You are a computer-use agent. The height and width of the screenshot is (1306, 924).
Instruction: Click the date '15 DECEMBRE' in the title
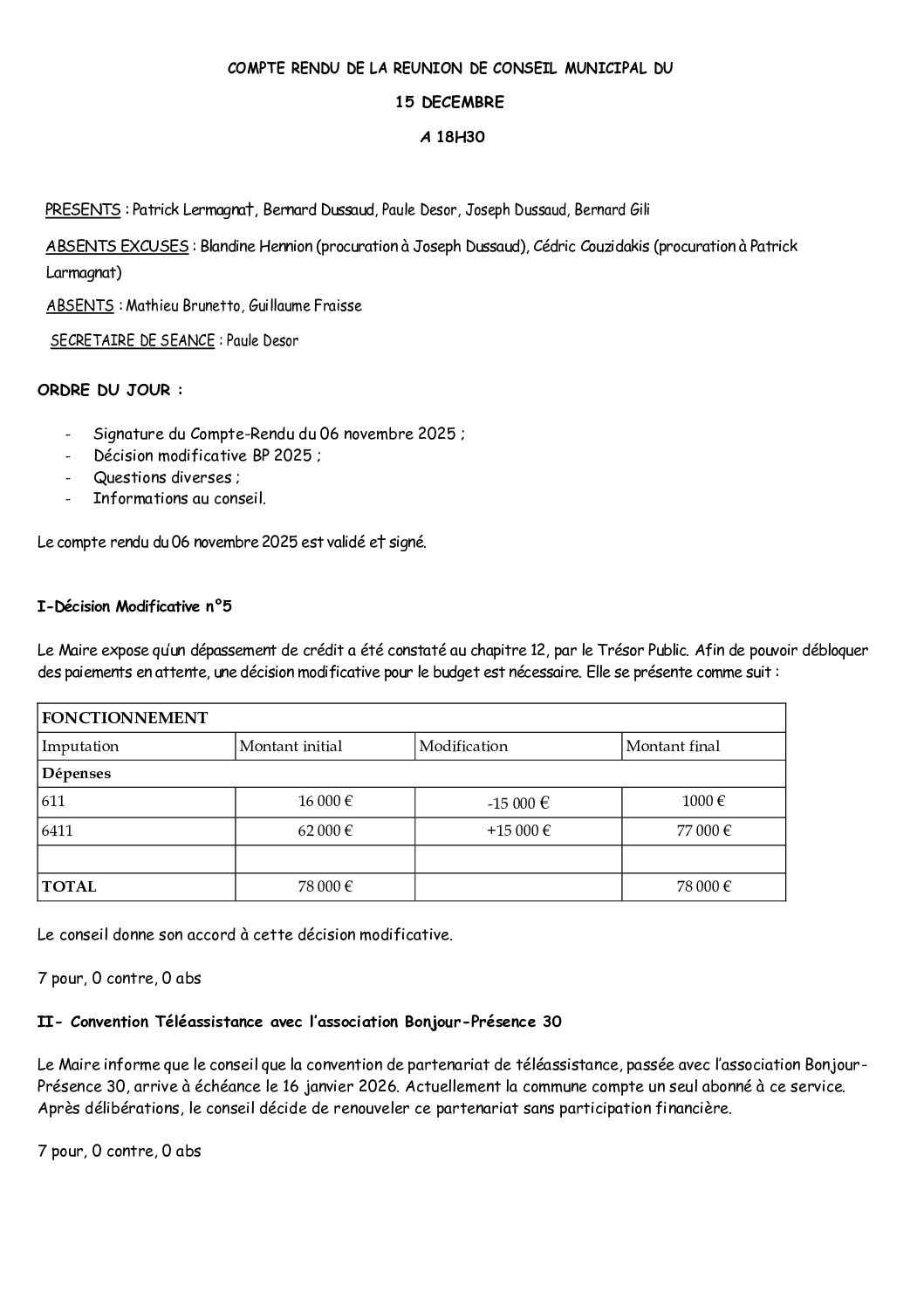tap(449, 102)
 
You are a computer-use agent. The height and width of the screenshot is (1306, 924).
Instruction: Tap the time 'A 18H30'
tap(449, 136)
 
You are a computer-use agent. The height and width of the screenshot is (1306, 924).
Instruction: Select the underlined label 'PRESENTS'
tap(83, 210)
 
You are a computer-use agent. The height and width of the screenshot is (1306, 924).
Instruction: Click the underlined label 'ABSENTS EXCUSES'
tap(117, 247)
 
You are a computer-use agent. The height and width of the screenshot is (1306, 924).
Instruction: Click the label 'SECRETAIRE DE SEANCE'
tap(133, 341)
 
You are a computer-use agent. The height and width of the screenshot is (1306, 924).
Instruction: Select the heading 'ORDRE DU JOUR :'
tap(111, 390)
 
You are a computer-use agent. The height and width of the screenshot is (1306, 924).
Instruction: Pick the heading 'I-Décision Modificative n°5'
tap(134, 607)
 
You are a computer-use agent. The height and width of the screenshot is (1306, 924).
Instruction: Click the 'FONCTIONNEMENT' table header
tap(125, 718)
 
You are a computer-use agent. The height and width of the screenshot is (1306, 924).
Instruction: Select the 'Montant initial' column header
tap(291, 746)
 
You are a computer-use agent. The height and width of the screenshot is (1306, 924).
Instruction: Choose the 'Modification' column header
tap(463, 746)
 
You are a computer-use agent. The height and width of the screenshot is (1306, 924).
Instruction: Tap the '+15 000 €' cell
tap(518, 831)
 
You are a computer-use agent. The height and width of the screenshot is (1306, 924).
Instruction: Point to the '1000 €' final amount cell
tap(703, 801)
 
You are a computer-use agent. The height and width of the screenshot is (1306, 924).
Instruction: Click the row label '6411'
tap(57, 831)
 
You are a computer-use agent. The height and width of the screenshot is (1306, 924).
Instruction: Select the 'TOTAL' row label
tap(69, 886)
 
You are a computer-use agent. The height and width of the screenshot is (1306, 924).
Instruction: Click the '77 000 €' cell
tap(703, 831)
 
